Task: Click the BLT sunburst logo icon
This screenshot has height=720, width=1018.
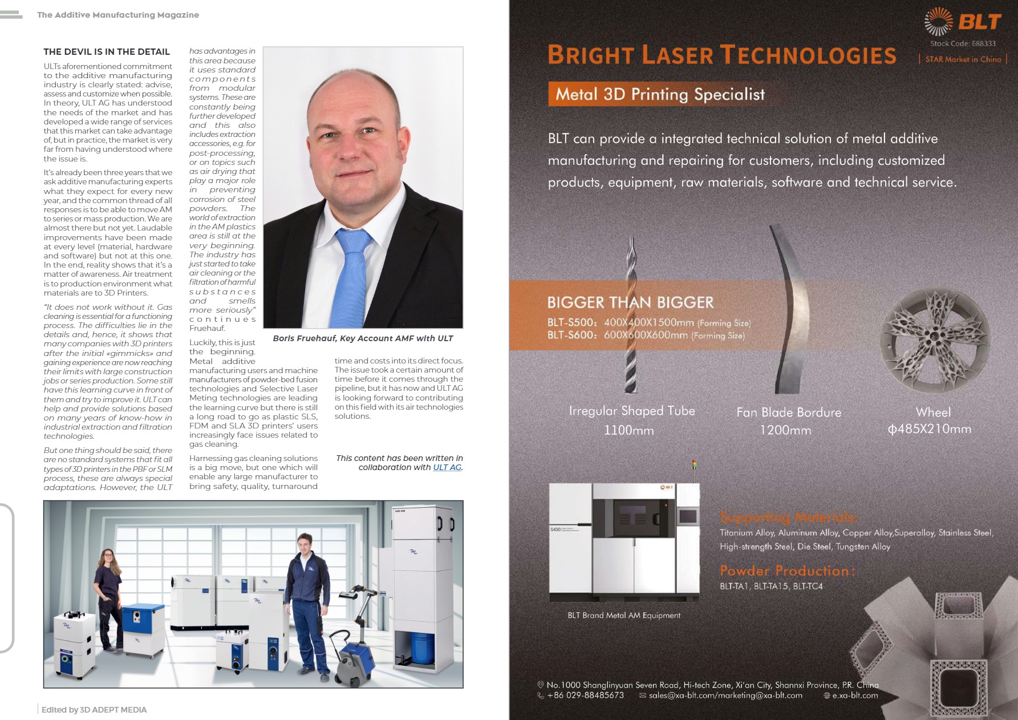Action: pyautogui.click(x=938, y=22)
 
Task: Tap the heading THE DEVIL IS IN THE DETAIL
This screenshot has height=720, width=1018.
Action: pyautogui.click(x=107, y=52)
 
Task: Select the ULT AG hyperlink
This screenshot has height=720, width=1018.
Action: pyautogui.click(x=447, y=467)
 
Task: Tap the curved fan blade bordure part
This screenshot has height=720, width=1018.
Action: pyautogui.click(x=790, y=308)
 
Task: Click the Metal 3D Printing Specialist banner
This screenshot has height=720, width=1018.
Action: pyautogui.click(x=660, y=94)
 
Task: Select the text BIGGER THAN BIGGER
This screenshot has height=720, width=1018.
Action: pyautogui.click(x=630, y=302)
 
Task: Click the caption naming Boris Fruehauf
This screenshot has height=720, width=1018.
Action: pyautogui.click(x=363, y=338)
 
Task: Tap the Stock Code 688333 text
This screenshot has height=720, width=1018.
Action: pyautogui.click(x=963, y=43)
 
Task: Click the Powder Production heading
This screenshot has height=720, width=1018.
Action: pyautogui.click(x=787, y=571)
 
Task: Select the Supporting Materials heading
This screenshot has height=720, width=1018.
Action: pyautogui.click(x=788, y=517)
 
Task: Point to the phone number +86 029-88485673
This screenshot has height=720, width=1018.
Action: pyautogui.click(x=585, y=695)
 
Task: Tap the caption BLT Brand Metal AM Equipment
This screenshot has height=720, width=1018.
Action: pyautogui.click(x=624, y=615)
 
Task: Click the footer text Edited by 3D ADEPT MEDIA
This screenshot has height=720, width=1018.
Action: pyautogui.click(x=94, y=710)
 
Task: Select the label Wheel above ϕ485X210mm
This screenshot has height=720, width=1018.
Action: pyautogui.click(x=933, y=412)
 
